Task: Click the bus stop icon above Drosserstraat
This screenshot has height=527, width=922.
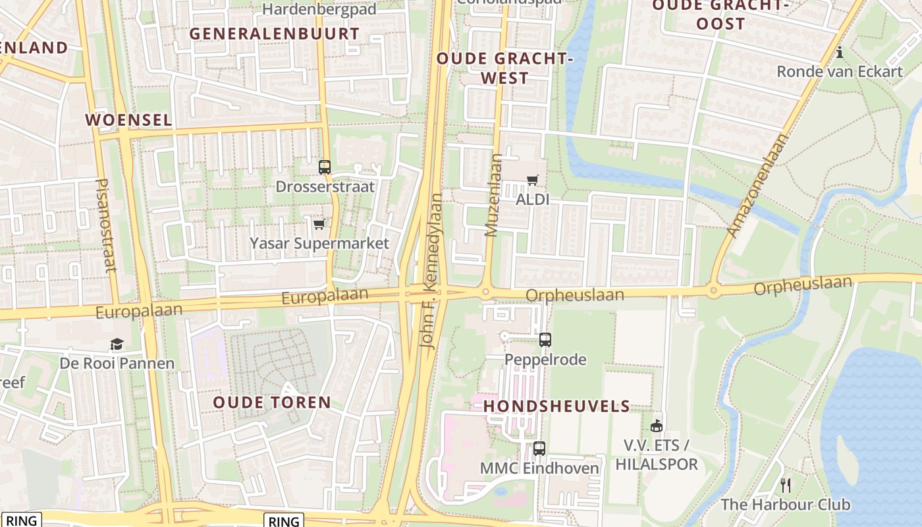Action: click(324, 167)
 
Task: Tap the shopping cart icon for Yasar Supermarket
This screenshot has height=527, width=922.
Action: click(319, 225)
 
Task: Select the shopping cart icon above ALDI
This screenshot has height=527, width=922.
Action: click(532, 180)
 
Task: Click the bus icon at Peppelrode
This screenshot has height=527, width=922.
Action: click(545, 340)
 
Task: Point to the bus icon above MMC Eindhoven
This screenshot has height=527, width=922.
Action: click(539, 449)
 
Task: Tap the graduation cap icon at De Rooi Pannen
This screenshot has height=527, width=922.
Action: click(117, 344)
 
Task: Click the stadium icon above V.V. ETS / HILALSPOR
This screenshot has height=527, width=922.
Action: click(656, 426)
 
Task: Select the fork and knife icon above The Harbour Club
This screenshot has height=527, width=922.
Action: click(785, 485)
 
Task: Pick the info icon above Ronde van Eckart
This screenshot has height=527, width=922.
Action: click(840, 52)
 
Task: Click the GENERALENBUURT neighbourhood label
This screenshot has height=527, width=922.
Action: click(275, 34)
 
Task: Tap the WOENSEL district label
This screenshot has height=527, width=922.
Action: click(128, 120)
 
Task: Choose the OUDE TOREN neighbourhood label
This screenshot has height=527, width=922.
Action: click(272, 402)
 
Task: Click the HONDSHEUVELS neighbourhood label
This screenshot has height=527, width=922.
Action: click(556, 406)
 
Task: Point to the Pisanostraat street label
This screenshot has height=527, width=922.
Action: click(105, 225)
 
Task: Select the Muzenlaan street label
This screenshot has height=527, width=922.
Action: click(493, 195)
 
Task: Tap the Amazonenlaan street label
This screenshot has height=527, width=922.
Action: click(757, 186)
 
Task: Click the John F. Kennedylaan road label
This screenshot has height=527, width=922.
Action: click(431, 270)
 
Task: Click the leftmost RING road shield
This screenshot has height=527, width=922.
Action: click(21, 520)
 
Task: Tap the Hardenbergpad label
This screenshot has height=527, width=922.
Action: click(319, 9)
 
